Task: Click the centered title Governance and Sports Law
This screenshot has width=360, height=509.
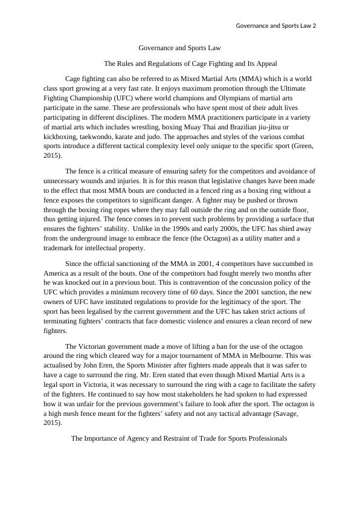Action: [x=179, y=47]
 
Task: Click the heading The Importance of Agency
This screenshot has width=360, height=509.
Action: [x=179, y=438]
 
